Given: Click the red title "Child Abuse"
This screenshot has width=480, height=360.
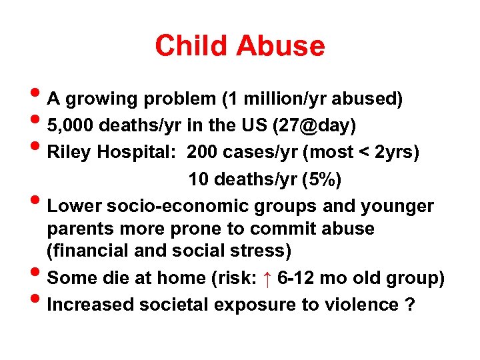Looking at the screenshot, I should point(239,46).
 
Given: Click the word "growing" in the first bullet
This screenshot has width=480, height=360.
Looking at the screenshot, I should point(101,100).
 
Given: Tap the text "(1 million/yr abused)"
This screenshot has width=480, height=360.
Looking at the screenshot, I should point(311,99).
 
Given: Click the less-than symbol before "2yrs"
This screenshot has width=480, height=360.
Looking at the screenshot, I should point(365,153).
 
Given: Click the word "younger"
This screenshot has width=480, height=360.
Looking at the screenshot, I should point(397,206).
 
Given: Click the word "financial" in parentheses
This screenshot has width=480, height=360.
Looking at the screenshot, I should point(97,251).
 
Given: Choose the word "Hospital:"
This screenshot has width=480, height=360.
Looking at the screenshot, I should point(138,153).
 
